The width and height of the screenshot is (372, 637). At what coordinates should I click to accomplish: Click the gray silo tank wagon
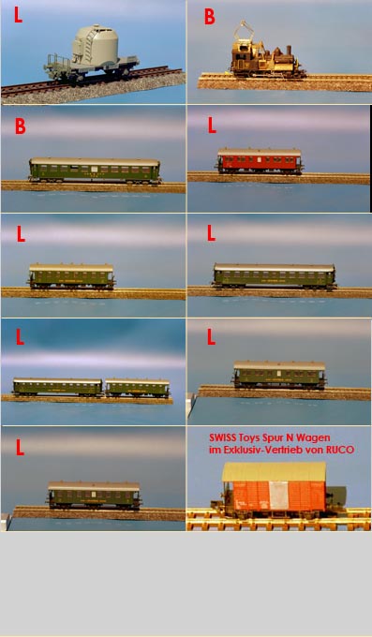click(92, 54)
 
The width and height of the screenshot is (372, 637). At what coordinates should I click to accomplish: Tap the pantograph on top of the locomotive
click(244, 32)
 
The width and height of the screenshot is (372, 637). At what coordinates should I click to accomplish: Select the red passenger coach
click(260, 161)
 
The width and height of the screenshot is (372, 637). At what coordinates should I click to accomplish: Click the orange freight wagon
click(276, 490)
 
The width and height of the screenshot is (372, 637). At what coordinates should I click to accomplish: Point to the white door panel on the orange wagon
click(279, 496)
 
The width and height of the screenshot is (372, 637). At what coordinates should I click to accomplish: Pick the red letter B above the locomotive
click(209, 17)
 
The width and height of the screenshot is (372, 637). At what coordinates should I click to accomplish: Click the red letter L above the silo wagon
click(19, 15)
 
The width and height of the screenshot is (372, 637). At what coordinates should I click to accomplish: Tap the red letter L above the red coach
click(212, 126)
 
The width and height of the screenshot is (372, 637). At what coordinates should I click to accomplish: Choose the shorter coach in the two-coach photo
click(138, 388)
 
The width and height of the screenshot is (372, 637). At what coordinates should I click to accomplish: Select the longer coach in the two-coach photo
click(57, 387)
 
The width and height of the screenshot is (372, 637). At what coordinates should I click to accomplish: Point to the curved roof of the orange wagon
click(274, 471)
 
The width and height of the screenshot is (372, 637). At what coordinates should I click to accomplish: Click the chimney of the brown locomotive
click(290, 51)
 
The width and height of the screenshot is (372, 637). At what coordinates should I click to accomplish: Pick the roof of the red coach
click(260, 153)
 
